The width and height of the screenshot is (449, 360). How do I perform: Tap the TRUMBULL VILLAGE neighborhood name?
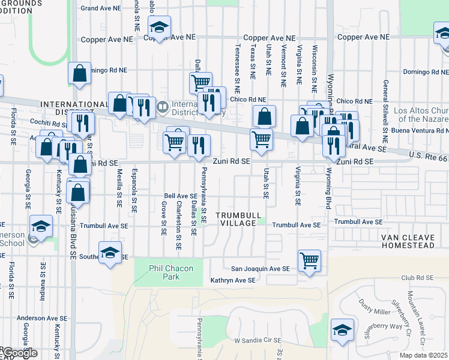click(238, 219)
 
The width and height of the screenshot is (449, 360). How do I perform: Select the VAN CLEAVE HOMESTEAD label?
click(415, 241)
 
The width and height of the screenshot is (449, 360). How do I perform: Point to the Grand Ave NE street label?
click(101, 8)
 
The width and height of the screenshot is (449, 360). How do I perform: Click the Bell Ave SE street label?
click(181, 196)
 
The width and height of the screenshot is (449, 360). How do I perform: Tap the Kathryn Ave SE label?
click(232, 280)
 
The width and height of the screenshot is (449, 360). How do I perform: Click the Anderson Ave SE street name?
click(42, 318)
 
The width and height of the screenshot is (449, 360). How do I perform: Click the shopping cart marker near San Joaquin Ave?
click(309, 261)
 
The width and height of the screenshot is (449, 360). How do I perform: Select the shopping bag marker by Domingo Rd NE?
click(80, 74)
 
